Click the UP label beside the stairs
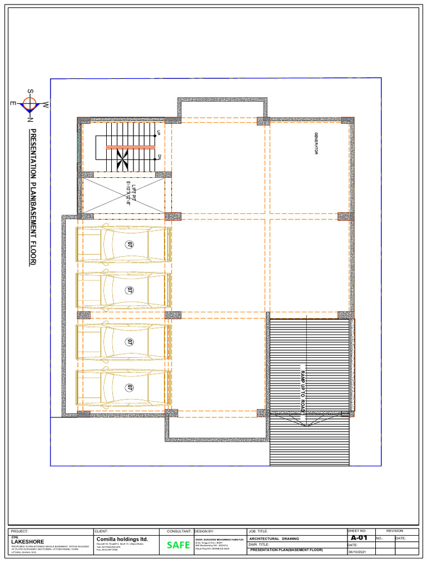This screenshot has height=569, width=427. [158, 132]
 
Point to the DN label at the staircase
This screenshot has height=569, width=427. [158, 157]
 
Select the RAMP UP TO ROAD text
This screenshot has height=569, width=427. [303, 390]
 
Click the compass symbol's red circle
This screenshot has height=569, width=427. [29, 103]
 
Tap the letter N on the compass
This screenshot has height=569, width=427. [30, 119]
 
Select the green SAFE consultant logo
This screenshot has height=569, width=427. [178, 545]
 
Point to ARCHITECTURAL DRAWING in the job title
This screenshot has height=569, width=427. [274, 538]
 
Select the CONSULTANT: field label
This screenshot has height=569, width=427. [180, 532]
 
